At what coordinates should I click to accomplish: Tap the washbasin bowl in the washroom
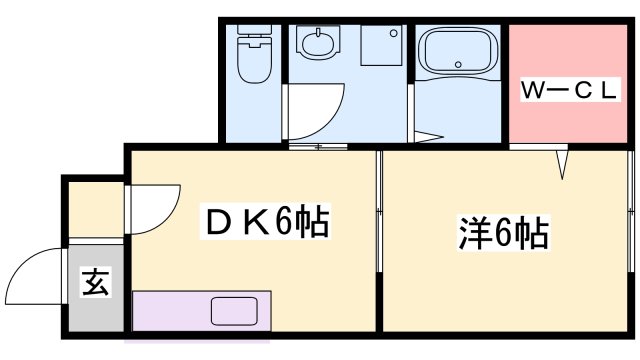(x=318, y=45)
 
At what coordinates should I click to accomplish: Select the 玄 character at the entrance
(x=97, y=283)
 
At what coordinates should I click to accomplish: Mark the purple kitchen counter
(x=170, y=310)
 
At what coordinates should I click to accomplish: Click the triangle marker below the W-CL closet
(x=562, y=158)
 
